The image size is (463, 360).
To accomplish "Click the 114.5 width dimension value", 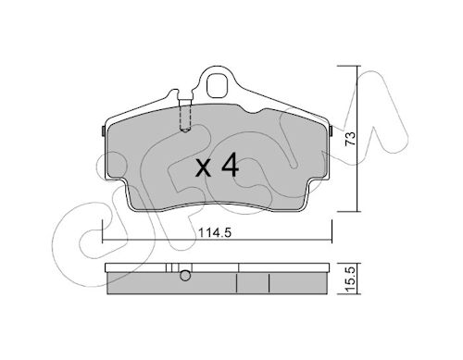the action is [214, 232].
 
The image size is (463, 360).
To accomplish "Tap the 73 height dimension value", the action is [350, 139].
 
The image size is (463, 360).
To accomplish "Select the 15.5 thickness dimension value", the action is [350, 279].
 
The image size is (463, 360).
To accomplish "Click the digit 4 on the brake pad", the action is [230, 165].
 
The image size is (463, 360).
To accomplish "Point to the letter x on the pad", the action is [204, 168].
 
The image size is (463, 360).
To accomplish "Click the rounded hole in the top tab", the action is [218, 85].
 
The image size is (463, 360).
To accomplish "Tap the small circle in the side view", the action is [185, 276].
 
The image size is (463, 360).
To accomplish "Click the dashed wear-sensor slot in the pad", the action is [185, 118].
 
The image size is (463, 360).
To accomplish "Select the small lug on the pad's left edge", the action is [104, 131].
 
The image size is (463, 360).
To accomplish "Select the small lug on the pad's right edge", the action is [331, 131].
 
